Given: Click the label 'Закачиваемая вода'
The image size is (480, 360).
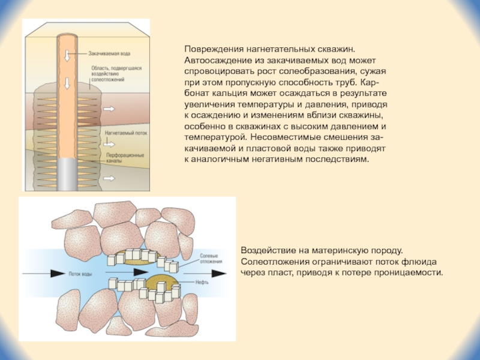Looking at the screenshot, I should (110, 53).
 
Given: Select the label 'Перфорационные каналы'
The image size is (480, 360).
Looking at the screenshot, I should (125, 157).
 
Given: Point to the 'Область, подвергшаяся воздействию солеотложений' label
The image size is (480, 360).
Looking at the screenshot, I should (117, 74).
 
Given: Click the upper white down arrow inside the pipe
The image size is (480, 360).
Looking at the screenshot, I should (68, 55).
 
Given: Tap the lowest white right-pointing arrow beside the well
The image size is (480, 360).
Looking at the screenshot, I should (111, 178).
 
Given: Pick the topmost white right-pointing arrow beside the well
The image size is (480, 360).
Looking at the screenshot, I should (111, 109).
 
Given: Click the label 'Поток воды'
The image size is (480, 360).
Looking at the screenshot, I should (80, 274).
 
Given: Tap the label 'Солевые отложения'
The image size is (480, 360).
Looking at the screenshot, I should (211, 259).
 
